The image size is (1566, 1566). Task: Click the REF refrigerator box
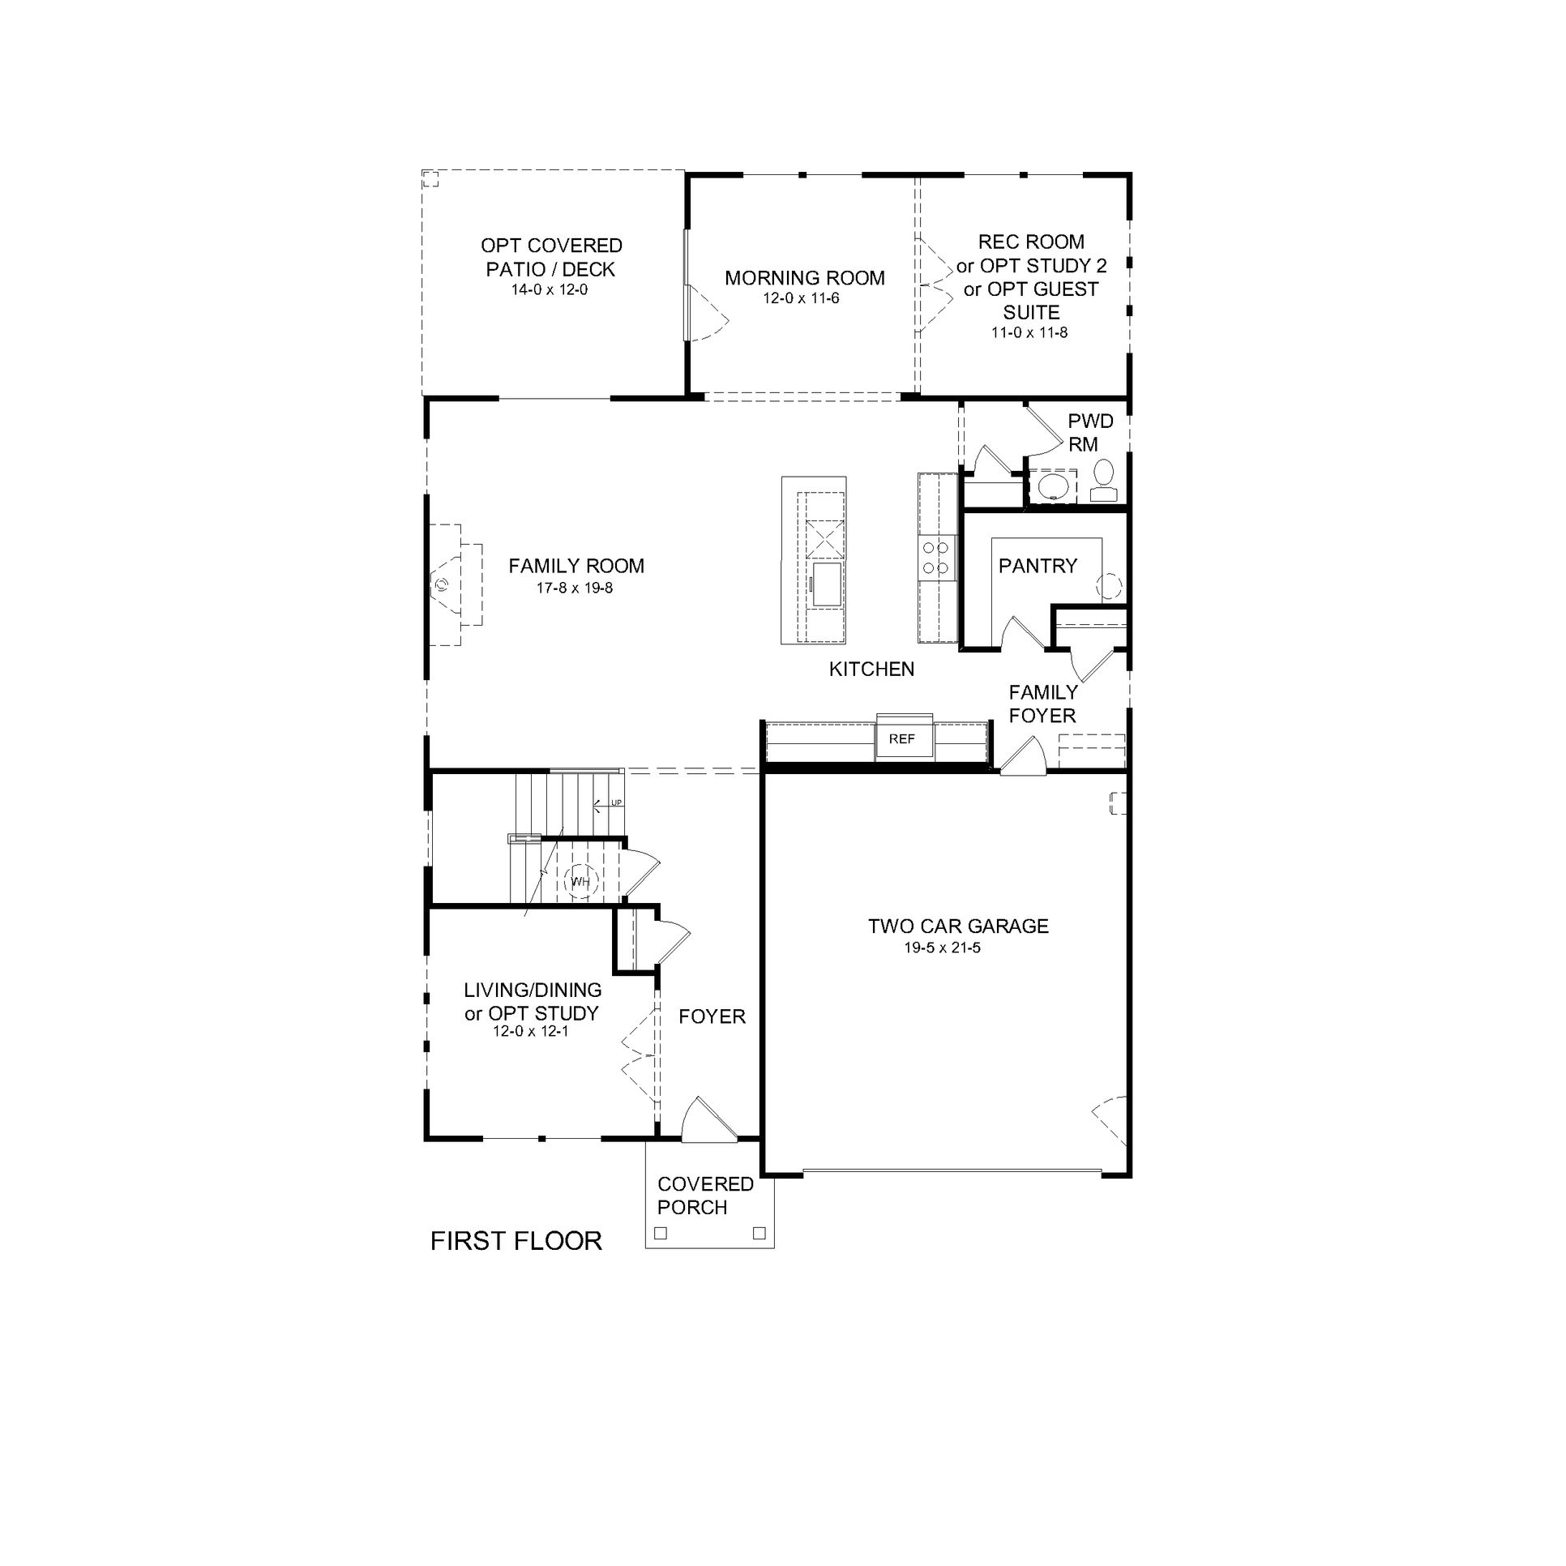904,739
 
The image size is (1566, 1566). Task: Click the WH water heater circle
580,881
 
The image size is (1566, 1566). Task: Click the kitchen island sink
828,583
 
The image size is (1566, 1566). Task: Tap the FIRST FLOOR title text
516,1241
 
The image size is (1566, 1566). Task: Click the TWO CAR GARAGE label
958,926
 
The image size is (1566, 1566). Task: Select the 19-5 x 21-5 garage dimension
943,947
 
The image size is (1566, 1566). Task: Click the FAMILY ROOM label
576,566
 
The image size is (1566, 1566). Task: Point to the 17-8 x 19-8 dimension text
575,588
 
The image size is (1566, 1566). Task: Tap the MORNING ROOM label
805,278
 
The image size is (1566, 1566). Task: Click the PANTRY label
1038,565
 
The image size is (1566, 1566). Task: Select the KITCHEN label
871,669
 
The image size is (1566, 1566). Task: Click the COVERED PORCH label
705,1196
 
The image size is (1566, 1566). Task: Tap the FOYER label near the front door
712,1016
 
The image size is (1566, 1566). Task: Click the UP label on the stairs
616,802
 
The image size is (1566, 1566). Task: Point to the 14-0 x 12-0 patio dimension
550,289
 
